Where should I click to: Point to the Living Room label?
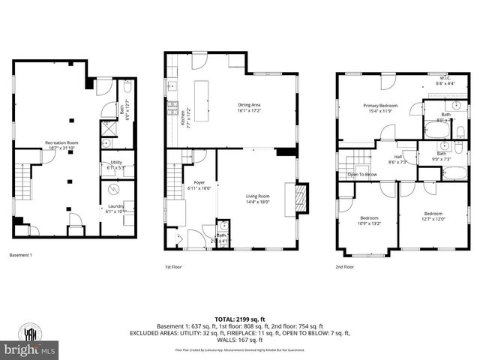(x=257, y=199)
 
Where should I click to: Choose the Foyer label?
(x=199, y=184)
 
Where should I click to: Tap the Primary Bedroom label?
(x=380, y=109)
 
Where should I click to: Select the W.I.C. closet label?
(x=443, y=82)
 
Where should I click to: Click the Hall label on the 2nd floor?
(x=397, y=159)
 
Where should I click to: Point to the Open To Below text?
(x=362, y=174)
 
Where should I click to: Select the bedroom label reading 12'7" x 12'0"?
(x=433, y=216)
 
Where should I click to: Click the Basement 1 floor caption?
(x=21, y=256)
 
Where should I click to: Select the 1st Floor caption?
(x=173, y=266)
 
